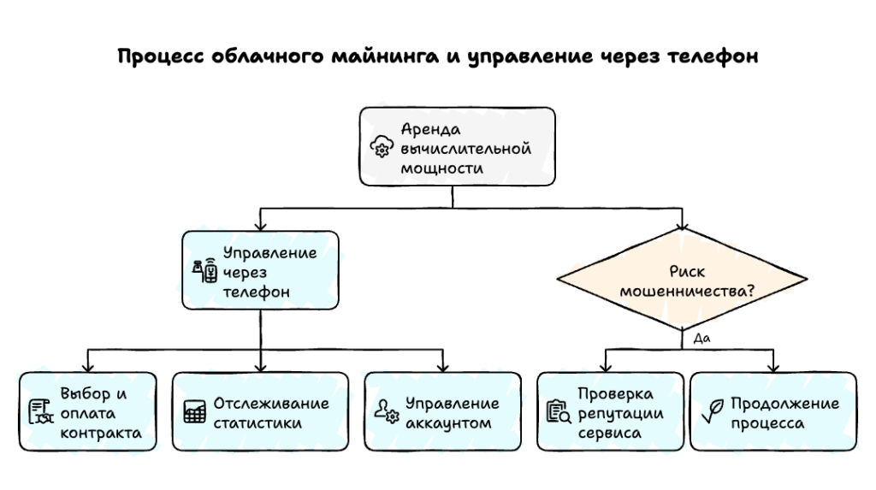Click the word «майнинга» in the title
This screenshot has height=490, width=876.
click(380, 57)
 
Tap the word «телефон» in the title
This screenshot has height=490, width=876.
click(711, 57)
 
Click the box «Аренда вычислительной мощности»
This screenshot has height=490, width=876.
click(457, 147)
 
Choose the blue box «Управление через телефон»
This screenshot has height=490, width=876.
click(260, 271)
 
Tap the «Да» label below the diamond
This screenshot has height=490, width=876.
click(701, 338)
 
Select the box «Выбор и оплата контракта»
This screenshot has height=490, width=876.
click(88, 412)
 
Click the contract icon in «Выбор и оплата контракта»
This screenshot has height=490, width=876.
click(39, 412)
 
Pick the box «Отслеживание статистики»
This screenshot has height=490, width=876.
click(260, 412)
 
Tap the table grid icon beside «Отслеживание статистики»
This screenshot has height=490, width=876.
click(194, 412)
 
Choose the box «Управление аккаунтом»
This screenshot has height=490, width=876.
click(441, 412)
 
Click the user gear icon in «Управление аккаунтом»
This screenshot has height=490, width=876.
click(387, 412)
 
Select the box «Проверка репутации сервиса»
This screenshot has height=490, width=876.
click(609, 412)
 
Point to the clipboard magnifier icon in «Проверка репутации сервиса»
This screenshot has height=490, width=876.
click(558, 412)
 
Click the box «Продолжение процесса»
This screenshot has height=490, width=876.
click(772, 412)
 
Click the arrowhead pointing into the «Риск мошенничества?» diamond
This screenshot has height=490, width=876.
click(682, 226)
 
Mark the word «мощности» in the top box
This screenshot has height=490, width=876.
click(442, 168)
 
